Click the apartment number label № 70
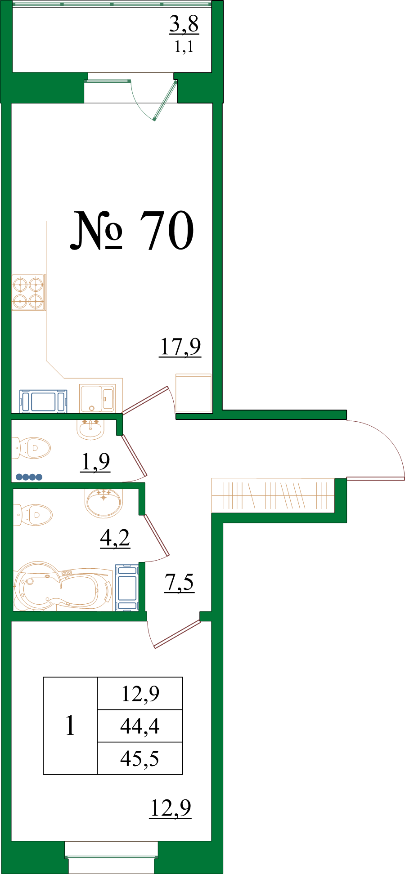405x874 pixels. [132, 230]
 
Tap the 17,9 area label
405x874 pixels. [180, 347]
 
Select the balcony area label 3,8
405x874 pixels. [184, 24]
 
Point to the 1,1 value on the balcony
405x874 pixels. [184, 46]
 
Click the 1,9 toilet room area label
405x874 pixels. [95, 462]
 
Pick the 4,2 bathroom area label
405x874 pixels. [115, 538]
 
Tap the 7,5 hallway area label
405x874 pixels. [179, 583]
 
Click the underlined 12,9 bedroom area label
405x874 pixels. [170, 808]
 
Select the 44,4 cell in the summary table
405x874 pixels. [140, 726]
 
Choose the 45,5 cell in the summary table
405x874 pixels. [140, 758]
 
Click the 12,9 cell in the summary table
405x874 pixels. [140, 694]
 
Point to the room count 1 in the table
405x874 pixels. [70, 726]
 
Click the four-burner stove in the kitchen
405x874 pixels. [28, 293]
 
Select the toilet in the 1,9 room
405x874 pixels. [31, 448]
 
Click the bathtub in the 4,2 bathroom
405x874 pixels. [63, 586]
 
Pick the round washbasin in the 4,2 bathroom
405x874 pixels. [103, 503]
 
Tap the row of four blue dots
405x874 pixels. [29, 477]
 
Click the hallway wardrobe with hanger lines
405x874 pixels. [273, 495]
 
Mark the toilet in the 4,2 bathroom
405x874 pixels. [32, 514]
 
